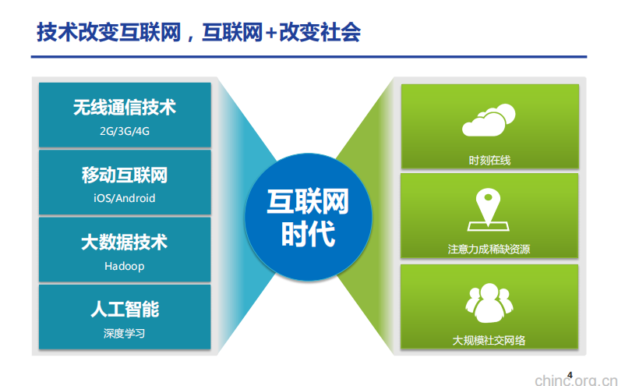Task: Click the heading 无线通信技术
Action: pyautogui.click(x=125, y=108)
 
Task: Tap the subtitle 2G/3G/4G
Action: pyautogui.click(x=125, y=131)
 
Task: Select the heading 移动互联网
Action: pyautogui.click(x=125, y=175)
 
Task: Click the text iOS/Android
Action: pyautogui.click(x=125, y=198)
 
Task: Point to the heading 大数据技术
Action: pyautogui.click(x=125, y=243)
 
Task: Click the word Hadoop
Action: pyautogui.click(x=125, y=266)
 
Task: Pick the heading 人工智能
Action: pyautogui.click(x=125, y=310)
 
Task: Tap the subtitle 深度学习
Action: pyautogui.click(x=125, y=333)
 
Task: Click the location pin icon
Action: pyautogui.click(x=489, y=211)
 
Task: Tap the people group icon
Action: pyautogui.click(x=489, y=303)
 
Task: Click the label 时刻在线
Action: pyautogui.click(x=489, y=160)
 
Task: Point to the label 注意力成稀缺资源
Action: pyautogui.click(x=489, y=250)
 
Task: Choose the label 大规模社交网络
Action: pyautogui.click(x=489, y=340)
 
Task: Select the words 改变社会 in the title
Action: pyautogui.click(x=320, y=33)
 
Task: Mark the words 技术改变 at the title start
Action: pyautogui.click(x=70, y=33)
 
